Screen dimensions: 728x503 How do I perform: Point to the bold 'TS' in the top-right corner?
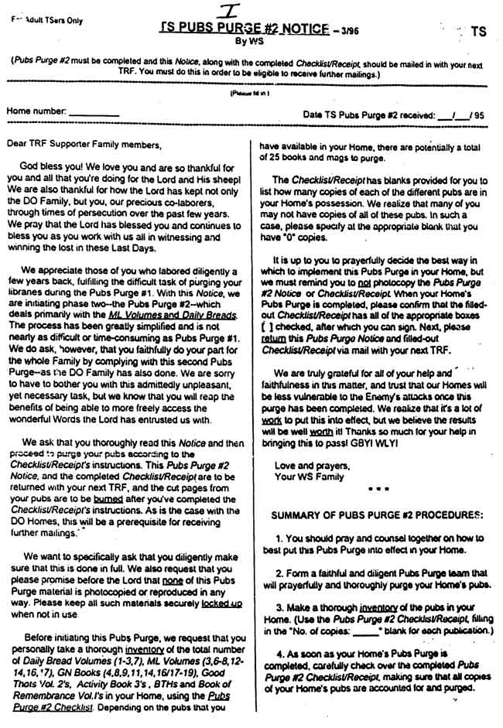[478, 32]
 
